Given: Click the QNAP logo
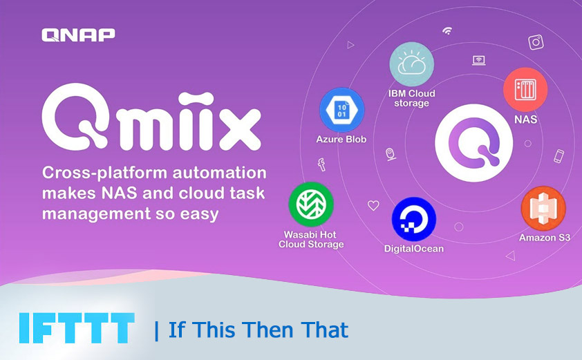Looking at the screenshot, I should point(78,35).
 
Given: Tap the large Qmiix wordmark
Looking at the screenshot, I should point(151,122).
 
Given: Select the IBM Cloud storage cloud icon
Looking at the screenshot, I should point(411,64).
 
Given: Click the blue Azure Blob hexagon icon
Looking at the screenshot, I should point(341,110).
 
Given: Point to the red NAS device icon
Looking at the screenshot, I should point(525,90).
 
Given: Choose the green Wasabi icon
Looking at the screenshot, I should point(311,205).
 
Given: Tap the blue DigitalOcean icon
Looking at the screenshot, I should point(413,219).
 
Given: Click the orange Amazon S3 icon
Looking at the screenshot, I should point(543,209).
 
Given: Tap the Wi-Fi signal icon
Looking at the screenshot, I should point(447,31).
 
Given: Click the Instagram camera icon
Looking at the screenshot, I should point(536,42).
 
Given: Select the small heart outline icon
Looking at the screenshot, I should point(373,205).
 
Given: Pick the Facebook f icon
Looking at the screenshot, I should point(321,164).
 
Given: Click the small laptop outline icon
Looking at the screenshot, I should point(478,60).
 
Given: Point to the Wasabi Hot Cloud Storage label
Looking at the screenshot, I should point(311,239).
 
